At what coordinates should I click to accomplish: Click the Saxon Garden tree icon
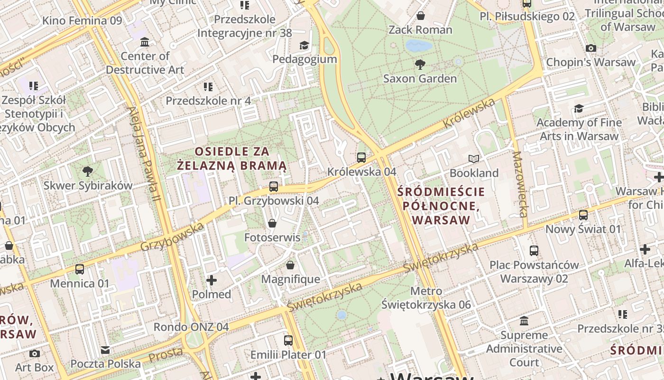click(420, 64)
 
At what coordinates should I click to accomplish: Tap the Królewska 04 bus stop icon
click(361, 157)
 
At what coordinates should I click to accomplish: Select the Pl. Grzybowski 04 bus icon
click(274, 187)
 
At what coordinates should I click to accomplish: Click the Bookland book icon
click(474, 159)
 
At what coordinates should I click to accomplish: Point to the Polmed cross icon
click(212, 280)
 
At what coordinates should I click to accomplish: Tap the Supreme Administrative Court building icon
click(524, 321)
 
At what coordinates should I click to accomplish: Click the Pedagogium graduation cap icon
click(304, 45)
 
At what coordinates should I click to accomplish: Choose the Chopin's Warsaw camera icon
click(590, 48)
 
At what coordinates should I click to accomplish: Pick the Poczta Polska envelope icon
click(105, 350)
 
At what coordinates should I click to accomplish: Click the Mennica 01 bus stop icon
click(80, 269)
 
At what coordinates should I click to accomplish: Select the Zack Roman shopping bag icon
click(420, 16)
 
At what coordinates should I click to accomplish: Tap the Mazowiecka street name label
click(520, 184)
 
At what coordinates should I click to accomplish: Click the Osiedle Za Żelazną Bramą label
click(232, 159)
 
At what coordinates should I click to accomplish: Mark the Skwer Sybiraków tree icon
click(87, 171)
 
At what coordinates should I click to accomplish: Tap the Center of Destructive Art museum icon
click(145, 42)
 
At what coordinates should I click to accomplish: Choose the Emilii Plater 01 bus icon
click(288, 341)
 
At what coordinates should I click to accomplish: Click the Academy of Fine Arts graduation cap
click(578, 109)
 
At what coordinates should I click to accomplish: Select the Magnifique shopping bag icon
click(290, 265)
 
